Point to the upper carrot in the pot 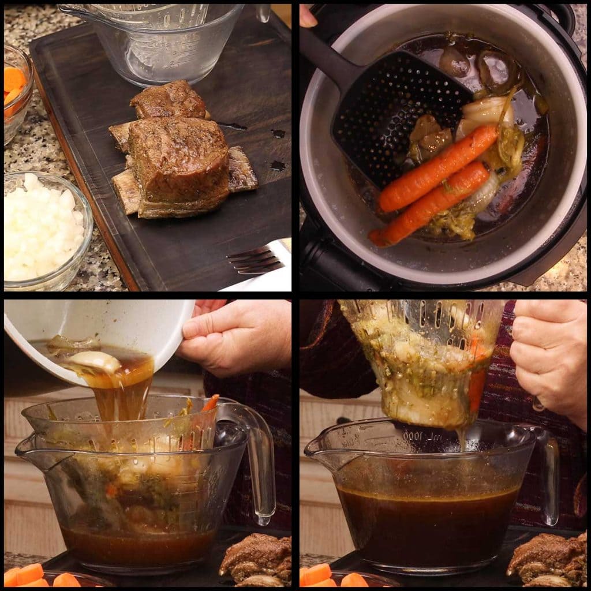tap(439, 168)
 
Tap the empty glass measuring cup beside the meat tap(162, 40)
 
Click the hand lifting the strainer tap(548, 358)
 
